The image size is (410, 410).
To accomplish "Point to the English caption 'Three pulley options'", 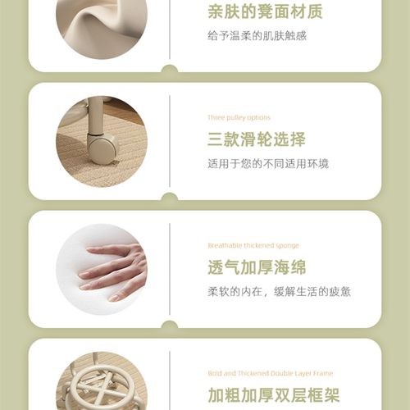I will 239,117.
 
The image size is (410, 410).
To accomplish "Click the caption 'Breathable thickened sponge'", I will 253,245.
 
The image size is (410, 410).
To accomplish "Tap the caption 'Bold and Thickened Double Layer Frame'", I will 271,373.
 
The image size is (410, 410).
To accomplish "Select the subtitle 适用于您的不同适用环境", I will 267,163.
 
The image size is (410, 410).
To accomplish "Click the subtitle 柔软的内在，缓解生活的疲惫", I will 279,291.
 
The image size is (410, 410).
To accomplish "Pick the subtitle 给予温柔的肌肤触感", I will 257,36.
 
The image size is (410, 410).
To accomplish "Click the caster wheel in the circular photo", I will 102,150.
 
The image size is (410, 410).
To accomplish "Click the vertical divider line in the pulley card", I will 170,140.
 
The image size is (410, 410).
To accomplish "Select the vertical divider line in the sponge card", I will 170,269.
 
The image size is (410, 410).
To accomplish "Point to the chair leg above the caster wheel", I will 96,115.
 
